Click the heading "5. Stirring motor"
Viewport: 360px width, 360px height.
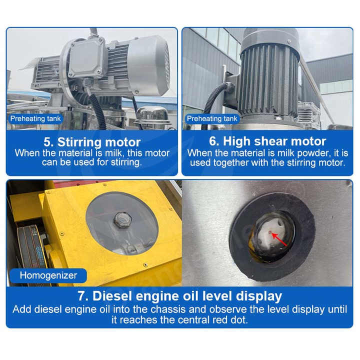[x=92, y=142]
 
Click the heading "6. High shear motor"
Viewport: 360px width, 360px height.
[x=267, y=141]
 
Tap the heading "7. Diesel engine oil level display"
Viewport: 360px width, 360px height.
[x=180, y=295]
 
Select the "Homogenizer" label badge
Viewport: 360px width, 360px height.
[x=48, y=275]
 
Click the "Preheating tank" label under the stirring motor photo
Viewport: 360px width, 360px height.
[x=35, y=118]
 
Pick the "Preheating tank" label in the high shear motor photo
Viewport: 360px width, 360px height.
[x=212, y=118]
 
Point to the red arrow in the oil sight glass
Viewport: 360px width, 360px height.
[x=278, y=239]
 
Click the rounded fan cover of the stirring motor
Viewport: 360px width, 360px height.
[x=148, y=65]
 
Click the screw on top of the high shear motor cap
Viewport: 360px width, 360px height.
[x=289, y=41]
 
